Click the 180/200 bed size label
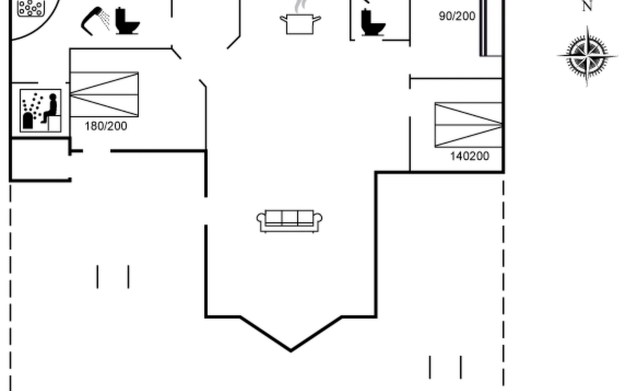pos(106,126)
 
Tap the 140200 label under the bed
pos(469,156)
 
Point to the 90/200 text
pos(457,16)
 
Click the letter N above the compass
pos(587,6)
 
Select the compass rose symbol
pos(587,56)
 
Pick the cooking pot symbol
pos(300,23)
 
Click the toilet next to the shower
pos(127,22)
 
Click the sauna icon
pos(40,110)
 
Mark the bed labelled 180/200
pos(104,94)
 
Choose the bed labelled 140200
pos(468,125)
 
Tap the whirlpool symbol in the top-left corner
pos(31,7)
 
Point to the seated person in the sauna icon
pos(51,108)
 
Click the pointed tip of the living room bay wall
pos(291,351)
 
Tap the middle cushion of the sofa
pos(290,218)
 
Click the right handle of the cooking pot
pos(317,19)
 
